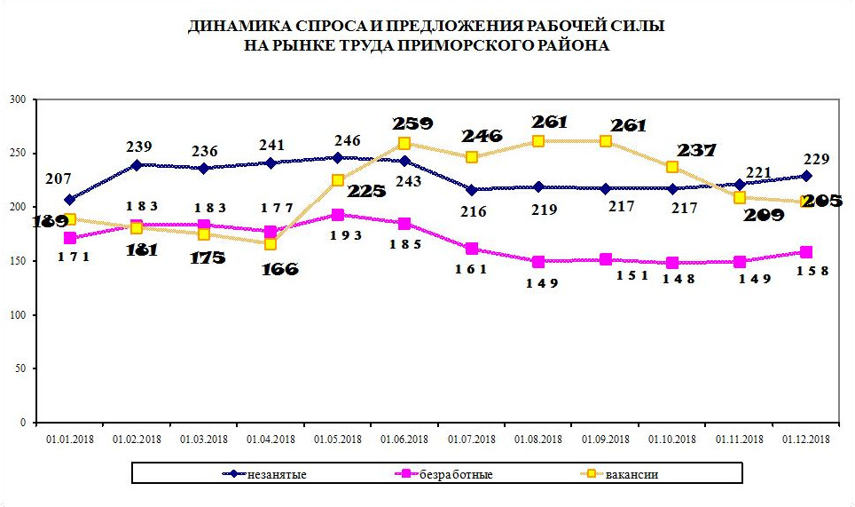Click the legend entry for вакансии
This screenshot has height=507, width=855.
pos(631,474)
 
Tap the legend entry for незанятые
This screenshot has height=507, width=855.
pos(277,474)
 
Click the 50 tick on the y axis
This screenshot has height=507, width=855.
pos(20,368)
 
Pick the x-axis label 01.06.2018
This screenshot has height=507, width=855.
pos(404,439)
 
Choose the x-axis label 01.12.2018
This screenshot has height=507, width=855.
pos(805,439)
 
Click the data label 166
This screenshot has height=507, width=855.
pos(279,268)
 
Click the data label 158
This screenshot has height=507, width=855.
pos(812,271)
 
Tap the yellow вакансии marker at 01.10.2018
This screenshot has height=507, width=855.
pos(672,167)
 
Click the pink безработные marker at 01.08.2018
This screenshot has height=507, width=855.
pos(537,262)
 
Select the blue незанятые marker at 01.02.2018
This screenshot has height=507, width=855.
pos(137,165)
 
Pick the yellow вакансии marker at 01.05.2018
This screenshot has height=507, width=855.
pos(337,180)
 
